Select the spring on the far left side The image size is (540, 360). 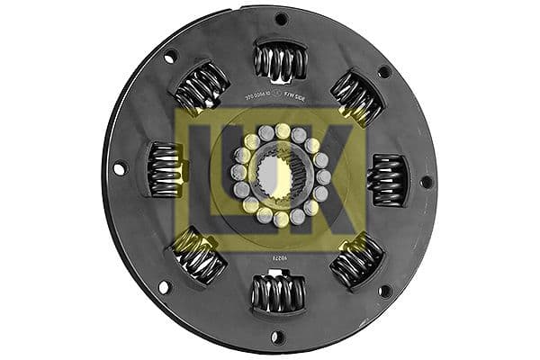(165, 169)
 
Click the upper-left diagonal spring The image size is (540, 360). (201, 87)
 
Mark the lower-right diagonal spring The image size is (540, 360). (357, 261)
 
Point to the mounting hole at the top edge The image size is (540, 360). (281, 19)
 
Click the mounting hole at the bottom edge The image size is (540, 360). (278, 337)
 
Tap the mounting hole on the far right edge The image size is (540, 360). (427, 181)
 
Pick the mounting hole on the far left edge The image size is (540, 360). (120, 167)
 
